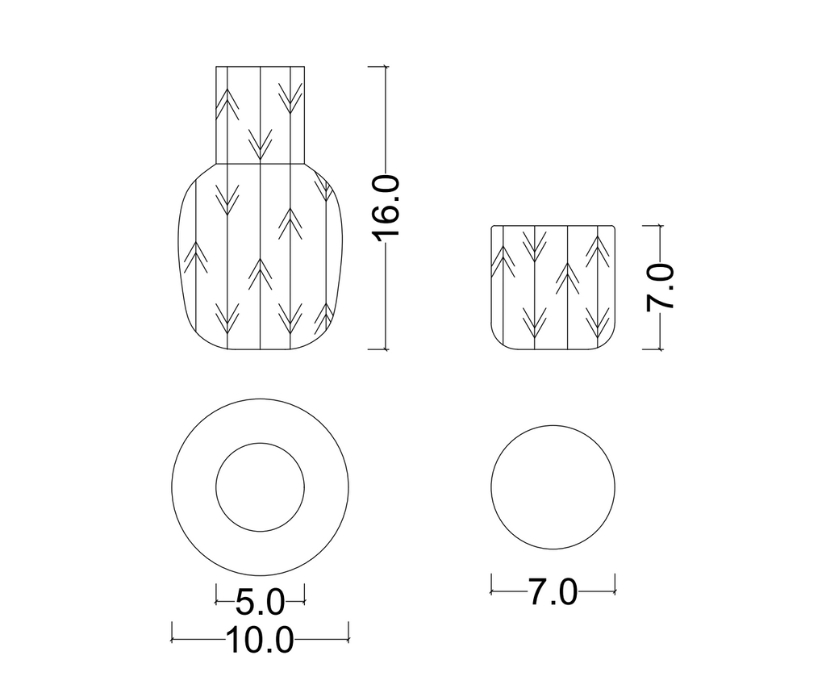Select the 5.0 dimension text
coord(260,602)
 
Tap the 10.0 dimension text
coord(261,640)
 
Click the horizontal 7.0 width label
coord(553,591)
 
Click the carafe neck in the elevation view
coord(261,115)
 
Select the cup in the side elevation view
coord(553,287)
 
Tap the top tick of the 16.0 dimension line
coord(386,66)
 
